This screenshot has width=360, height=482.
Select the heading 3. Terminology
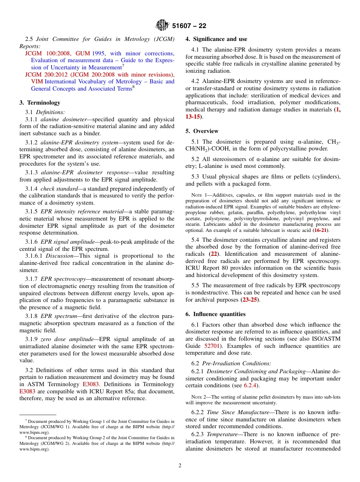[x=40, y=103]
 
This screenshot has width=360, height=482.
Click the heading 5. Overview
[x=202, y=131]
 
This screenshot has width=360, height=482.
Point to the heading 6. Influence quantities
[x=215, y=314]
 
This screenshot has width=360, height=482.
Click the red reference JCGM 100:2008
[x=48, y=53]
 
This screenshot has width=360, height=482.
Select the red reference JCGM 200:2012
[x=48, y=75]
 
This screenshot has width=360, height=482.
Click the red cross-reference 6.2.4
[x=251, y=386]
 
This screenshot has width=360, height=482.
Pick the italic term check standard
[x=56, y=189]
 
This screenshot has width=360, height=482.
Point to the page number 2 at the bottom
[x=180, y=466]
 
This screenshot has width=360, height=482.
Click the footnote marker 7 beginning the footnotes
[x=26, y=420]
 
